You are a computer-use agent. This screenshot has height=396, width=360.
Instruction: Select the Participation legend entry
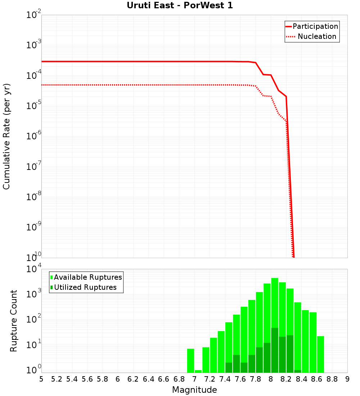coord(315,27)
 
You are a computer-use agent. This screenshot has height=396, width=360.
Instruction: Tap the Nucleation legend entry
coord(317,37)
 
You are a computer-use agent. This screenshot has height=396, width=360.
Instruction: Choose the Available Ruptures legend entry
coord(88,278)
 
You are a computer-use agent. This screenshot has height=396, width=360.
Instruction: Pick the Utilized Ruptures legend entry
coord(85,288)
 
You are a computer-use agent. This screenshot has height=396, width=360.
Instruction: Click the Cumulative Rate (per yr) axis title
coord(6,136)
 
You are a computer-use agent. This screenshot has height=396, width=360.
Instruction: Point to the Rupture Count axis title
coord(14,321)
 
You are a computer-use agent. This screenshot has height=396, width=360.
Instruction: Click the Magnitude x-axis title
coord(194,390)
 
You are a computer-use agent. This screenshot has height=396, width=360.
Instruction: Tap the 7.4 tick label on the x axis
coord(225,379)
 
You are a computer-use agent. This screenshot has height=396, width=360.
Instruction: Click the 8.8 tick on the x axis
coord(332,379)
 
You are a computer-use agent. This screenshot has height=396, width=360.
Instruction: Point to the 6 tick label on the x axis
coord(118,379)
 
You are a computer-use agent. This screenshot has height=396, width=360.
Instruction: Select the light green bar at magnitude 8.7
coord(320,354)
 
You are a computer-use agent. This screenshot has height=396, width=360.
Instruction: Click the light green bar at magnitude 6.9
coord(190,360)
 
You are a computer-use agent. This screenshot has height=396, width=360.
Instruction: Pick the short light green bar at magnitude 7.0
coord(198,371)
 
